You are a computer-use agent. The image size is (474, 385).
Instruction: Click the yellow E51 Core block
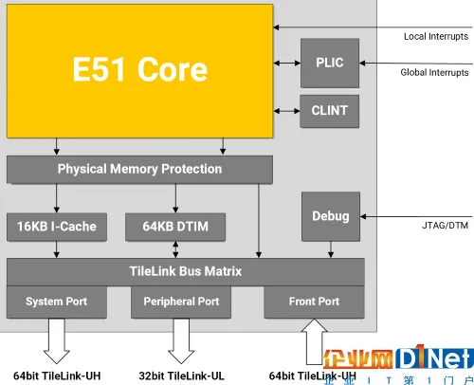[140, 69]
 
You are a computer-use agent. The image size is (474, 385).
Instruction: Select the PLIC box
[329, 63]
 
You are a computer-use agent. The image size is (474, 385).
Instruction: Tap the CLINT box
[329, 110]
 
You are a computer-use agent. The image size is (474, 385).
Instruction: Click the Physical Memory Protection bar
[139, 169]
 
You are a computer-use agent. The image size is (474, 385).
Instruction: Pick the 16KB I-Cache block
[57, 226]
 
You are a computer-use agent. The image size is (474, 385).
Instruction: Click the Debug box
[329, 215]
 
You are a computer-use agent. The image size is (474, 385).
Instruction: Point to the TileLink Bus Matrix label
[185, 271]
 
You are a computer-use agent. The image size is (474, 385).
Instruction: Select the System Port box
[57, 302]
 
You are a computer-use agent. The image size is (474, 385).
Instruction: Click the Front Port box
[314, 302]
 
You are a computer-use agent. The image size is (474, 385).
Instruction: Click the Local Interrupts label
[436, 36]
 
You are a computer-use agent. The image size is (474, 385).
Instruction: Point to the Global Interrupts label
[435, 72]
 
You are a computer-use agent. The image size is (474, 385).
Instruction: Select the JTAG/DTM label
[446, 226]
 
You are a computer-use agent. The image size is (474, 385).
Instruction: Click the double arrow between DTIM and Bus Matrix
[175, 248]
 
